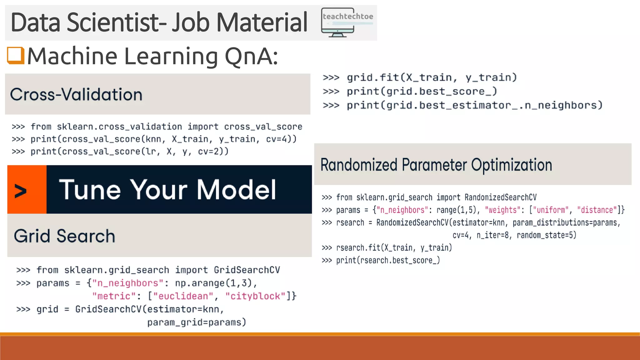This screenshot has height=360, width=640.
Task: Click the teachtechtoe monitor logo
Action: (347, 22)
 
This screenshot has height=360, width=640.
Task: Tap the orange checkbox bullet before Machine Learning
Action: (16, 55)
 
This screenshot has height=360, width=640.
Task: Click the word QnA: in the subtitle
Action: (251, 57)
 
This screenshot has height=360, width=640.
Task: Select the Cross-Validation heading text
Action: (76, 94)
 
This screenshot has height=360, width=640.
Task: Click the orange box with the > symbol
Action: (27, 190)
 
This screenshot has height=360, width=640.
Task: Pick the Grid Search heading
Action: (64, 236)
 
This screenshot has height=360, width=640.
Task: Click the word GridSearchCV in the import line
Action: (247, 270)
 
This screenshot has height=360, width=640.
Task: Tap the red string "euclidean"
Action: (183, 296)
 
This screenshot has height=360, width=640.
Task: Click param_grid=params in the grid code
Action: (197, 322)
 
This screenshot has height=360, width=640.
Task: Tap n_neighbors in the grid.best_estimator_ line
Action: (561, 105)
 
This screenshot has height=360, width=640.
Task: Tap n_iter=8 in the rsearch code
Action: (492, 235)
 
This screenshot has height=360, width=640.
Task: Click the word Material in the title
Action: (262, 22)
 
